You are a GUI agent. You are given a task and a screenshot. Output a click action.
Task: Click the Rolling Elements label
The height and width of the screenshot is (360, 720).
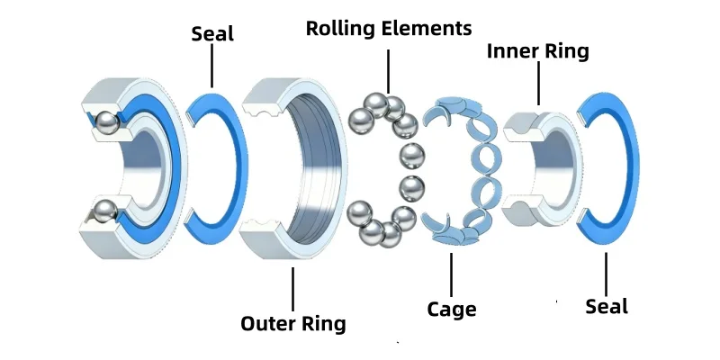pos(389,29)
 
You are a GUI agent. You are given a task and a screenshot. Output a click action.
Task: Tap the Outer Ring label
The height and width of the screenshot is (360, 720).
pos(293,323)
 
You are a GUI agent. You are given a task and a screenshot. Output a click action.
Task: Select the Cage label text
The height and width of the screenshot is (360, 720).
pos(452,309)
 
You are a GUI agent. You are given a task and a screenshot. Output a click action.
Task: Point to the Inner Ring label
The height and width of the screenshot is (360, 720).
pos(537,51)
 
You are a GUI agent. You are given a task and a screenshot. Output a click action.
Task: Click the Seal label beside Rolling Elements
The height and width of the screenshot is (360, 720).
pos(212,33)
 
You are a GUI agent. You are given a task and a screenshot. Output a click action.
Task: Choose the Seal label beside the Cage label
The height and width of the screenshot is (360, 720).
pos(606,306)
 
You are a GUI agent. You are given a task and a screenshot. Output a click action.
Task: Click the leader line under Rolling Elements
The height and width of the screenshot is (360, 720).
pos(389,71)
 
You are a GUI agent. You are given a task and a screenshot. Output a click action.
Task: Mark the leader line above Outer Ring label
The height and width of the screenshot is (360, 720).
pos(293,289)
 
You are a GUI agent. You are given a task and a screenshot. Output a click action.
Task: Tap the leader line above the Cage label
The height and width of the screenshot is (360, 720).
pos(452,274)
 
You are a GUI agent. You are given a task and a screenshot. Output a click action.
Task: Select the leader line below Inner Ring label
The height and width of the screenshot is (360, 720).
pos(538,83)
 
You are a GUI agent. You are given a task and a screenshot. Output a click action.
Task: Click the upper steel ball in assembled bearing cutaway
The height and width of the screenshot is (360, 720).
pos(107,122)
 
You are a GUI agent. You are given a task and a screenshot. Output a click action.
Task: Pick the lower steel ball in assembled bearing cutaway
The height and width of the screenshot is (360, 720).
pos(105,211)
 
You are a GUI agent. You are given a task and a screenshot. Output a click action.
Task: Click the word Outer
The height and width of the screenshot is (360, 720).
pos(267,323)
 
